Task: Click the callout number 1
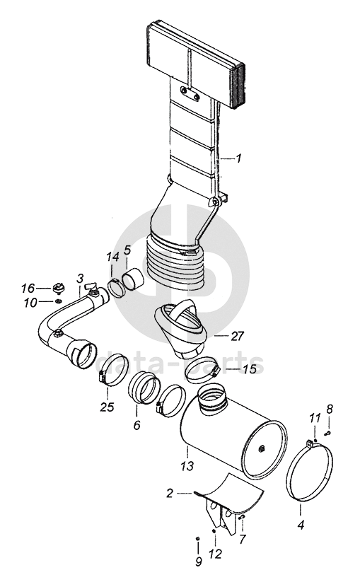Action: (238, 158)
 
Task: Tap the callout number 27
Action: (237, 336)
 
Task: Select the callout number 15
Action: (249, 368)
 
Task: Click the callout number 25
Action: (107, 407)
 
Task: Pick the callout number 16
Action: (28, 289)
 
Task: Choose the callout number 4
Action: (301, 525)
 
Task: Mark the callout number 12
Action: (216, 553)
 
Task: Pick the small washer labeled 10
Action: (58, 301)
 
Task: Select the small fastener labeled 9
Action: (197, 538)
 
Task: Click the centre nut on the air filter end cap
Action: (262, 448)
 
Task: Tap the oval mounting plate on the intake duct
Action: (190, 93)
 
